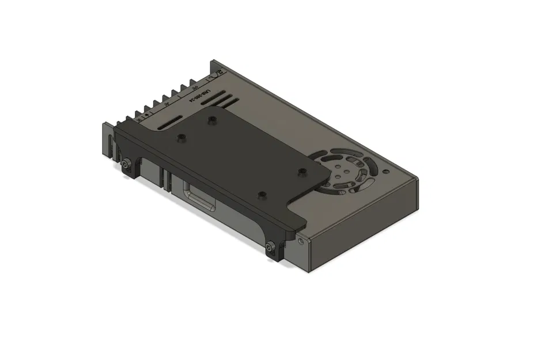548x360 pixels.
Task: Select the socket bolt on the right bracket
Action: pos(270,249)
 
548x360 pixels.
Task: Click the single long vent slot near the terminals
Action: pos(169,123)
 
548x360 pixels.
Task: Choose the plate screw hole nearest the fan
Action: pos(300,171)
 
